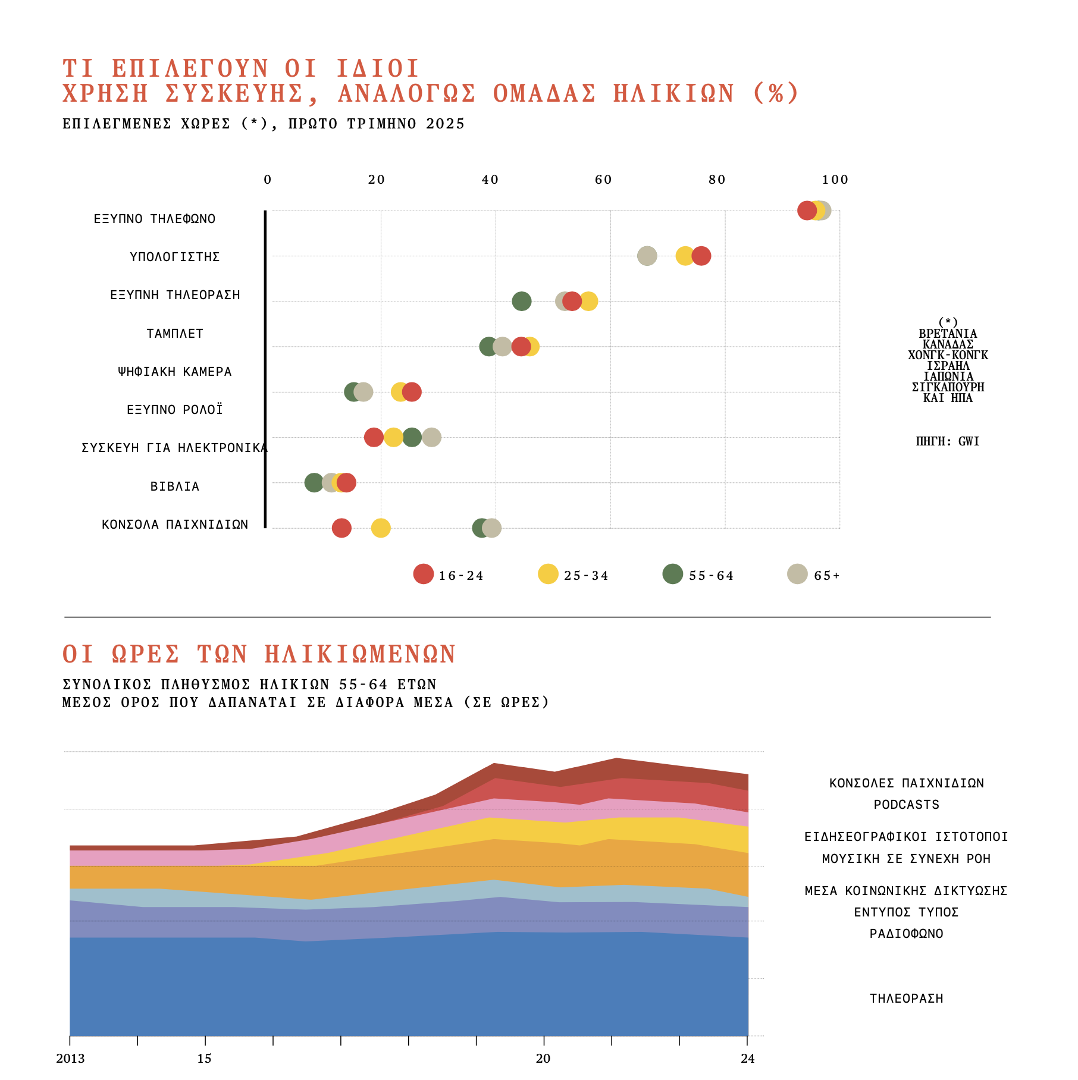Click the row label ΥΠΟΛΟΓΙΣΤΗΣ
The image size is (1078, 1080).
[175, 257]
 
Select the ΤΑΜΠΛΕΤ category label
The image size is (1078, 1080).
[175, 334]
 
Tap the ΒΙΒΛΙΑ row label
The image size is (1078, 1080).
[175, 486]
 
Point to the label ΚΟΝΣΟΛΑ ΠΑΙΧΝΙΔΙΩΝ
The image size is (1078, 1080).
[175, 525]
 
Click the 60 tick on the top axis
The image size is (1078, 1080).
[603, 180]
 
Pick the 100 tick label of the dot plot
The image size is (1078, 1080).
[835, 180]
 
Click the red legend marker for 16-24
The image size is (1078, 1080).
[424, 574]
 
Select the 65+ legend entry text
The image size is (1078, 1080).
[827, 576]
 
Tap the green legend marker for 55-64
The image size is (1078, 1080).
[672, 574]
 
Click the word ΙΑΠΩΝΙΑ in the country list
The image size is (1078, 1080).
[948, 376]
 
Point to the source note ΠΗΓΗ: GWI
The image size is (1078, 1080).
[948, 441]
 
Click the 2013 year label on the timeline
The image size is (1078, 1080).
[70, 1059]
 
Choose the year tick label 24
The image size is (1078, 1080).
[747, 1059]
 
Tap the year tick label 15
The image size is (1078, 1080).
[204, 1059]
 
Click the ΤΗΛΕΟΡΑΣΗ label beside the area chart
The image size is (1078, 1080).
[906, 999]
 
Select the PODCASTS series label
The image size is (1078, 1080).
[906, 805]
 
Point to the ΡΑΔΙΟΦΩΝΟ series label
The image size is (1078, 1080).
[906, 934]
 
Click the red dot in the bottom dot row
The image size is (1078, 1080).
[341, 528]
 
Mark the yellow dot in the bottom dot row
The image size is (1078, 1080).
[381, 528]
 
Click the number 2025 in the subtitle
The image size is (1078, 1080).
[445, 124]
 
